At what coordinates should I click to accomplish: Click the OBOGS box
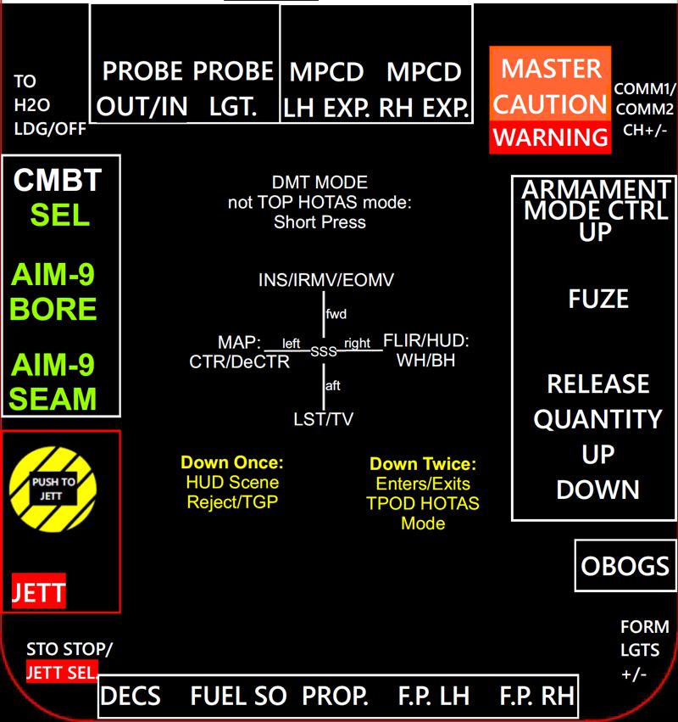click(x=625, y=565)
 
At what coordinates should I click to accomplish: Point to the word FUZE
click(x=598, y=299)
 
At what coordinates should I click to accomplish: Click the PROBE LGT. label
click(x=233, y=88)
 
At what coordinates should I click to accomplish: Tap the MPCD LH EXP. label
click(x=327, y=88)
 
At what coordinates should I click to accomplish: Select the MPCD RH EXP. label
click(x=424, y=88)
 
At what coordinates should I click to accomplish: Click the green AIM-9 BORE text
click(x=53, y=291)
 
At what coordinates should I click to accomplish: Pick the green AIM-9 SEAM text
click(x=53, y=381)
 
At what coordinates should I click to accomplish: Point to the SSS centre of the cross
click(x=324, y=351)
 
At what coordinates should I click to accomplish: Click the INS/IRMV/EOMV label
click(x=326, y=280)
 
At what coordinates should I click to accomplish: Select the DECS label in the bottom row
click(x=131, y=697)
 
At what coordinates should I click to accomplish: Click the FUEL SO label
click(x=238, y=697)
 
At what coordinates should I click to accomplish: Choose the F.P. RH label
click(x=536, y=697)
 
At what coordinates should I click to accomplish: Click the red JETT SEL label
click(x=61, y=673)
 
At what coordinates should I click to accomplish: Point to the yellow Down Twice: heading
click(x=423, y=464)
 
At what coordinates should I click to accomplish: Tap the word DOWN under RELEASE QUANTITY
click(x=597, y=490)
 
